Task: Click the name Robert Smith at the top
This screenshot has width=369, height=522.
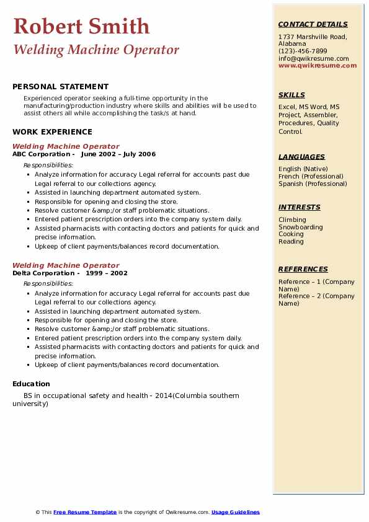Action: coord(81,27)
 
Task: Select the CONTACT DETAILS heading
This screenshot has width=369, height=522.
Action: coord(313,25)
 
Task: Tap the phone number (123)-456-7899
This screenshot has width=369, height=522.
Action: coord(303,51)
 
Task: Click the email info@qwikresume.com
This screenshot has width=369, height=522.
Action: coord(313,59)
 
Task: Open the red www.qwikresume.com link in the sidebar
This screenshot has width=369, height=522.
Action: coord(318,66)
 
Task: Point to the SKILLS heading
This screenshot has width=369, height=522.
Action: coord(291,95)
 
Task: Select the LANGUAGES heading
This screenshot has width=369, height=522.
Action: coord(301,157)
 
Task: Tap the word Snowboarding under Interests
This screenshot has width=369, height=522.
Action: coord(301,227)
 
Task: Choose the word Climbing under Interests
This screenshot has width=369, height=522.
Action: coord(292,219)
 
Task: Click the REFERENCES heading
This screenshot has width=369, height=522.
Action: coord(303,270)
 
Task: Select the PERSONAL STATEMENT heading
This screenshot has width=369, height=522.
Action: coord(60,87)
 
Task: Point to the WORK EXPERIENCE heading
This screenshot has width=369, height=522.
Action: coord(52,131)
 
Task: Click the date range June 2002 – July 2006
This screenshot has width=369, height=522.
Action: coord(118,154)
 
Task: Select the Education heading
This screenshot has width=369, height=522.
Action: coord(31,384)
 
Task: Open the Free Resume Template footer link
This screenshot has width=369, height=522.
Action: coord(85,512)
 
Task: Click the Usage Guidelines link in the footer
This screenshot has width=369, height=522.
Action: coord(235,512)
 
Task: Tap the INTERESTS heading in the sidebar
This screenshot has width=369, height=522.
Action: coord(300,208)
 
